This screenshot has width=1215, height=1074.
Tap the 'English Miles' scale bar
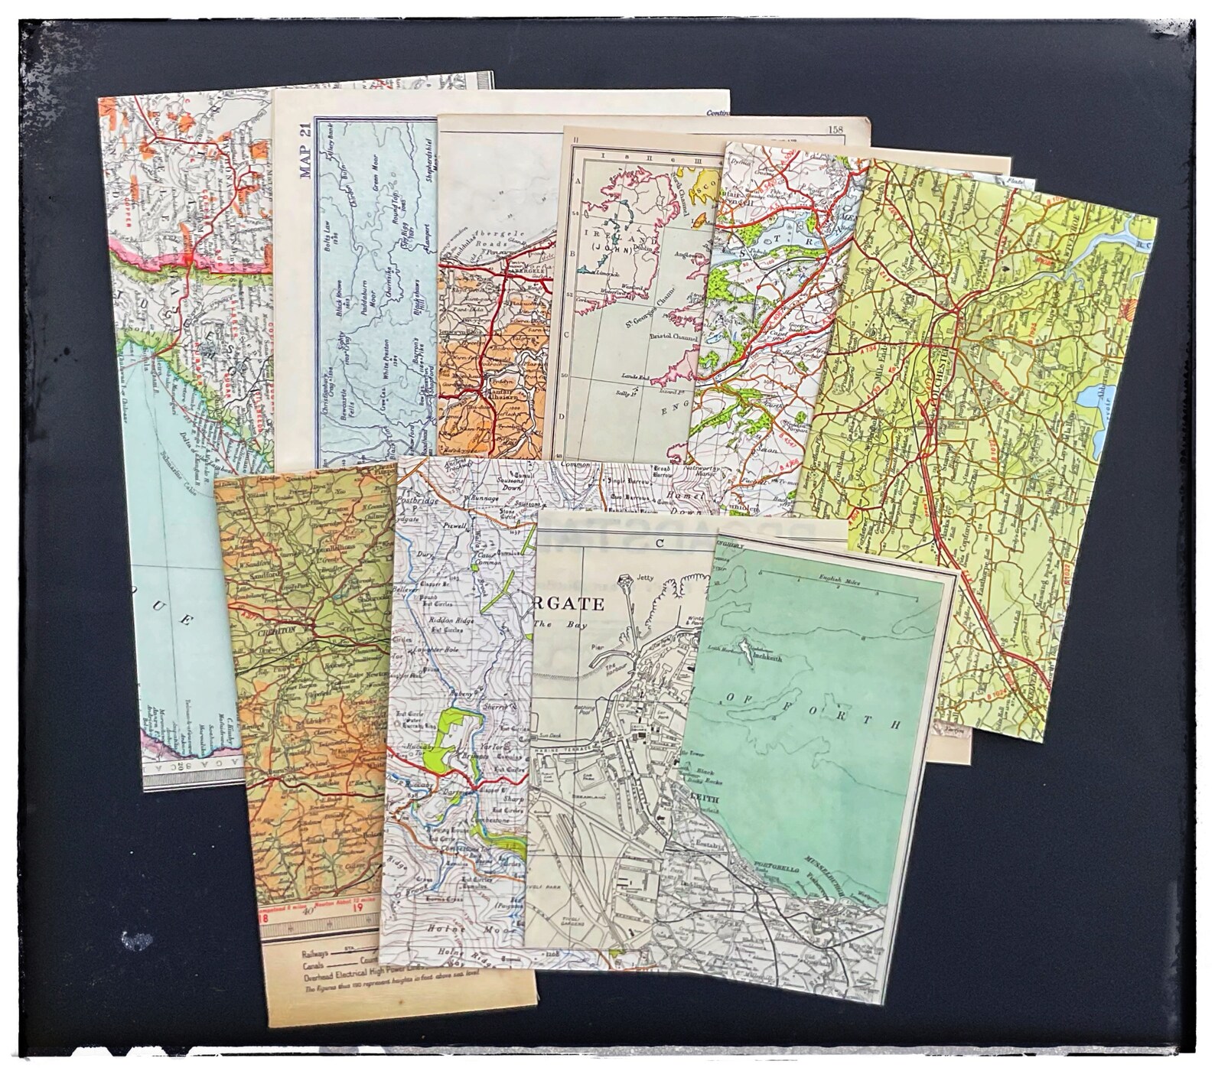click(x=839, y=583)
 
